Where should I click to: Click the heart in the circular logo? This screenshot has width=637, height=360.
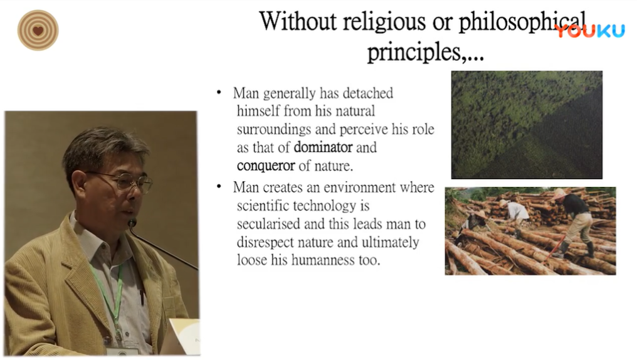38,31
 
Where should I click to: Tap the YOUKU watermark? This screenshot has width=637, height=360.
590,31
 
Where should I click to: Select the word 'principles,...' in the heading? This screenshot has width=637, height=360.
425,53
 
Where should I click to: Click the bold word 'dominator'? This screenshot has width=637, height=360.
323,147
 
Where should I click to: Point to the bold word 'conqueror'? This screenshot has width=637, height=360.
266,166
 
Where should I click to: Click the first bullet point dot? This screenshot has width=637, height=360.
219,92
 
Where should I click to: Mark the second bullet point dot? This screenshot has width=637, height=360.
219,186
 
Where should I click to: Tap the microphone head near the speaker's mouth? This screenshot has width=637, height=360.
132,223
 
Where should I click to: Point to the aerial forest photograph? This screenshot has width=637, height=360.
527,125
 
